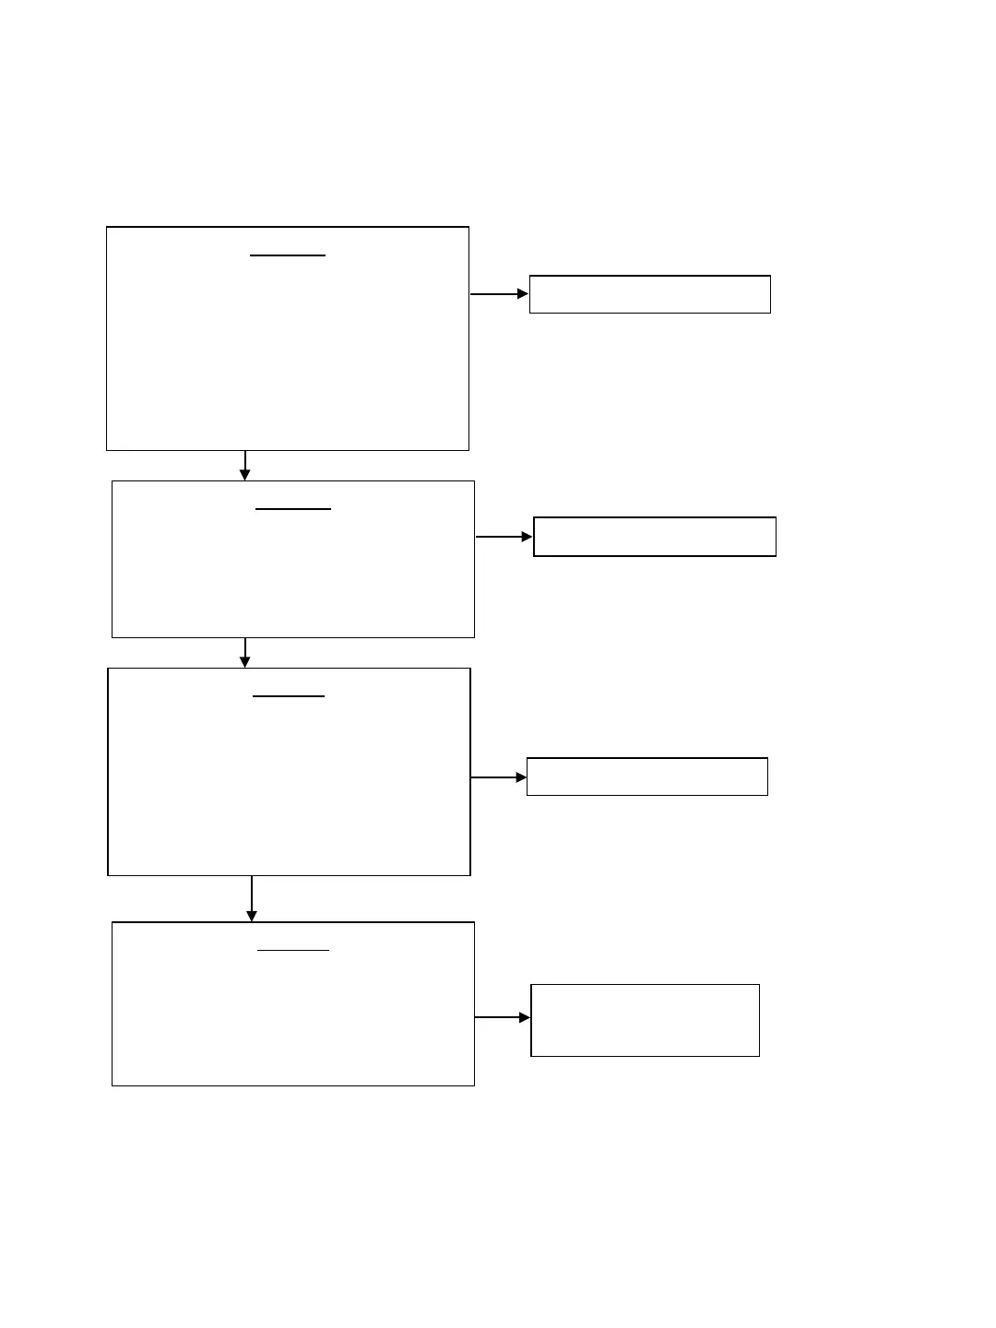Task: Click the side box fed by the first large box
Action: click(650, 294)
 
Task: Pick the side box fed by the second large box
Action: click(655, 537)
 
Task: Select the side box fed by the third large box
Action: click(647, 777)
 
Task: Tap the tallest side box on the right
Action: click(646, 1020)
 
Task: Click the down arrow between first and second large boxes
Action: click(245, 466)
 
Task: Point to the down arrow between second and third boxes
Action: click(245, 653)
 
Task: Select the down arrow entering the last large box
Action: click(252, 899)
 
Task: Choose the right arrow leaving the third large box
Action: click(499, 777)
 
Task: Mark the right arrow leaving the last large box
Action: click(503, 1017)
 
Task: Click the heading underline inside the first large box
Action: click(288, 255)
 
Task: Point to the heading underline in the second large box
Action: click(293, 509)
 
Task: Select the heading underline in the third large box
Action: click(289, 696)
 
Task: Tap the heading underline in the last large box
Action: click(293, 950)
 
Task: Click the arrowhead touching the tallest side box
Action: click(526, 1017)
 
